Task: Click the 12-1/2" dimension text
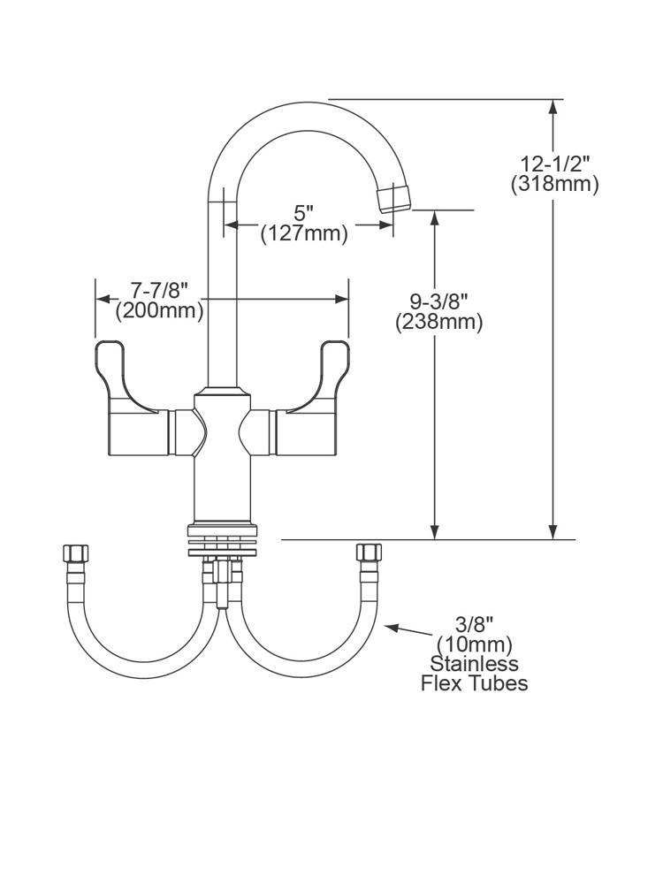click(x=554, y=164)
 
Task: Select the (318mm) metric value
click(x=554, y=185)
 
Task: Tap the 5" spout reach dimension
click(x=303, y=213)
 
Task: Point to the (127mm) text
click(x=303, y=233)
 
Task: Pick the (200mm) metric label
click(x=159, y=310)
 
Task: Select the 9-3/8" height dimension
click(x=438, y=301)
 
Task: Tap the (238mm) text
click(x=438, y=322)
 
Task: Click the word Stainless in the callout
click(x=474, y=664)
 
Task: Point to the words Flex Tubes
click(x=474, y=683)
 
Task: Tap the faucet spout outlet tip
click(x=395, y=196)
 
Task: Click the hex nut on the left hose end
click(x=75, y=554)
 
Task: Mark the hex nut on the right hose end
click(x=367, y=554)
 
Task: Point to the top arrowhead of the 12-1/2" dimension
click(x=553, y=107)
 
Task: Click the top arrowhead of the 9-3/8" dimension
click(x=434, y=218)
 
